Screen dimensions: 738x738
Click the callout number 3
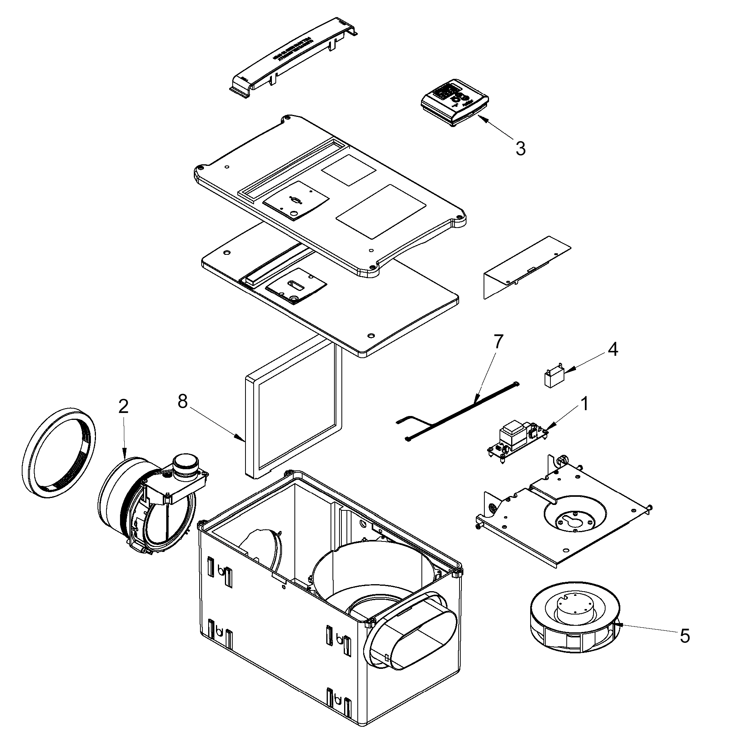[x=520, y=148]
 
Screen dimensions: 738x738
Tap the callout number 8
[x=183, y=402]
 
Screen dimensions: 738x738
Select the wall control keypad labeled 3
[x=454, y=103]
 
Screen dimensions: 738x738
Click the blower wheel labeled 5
[x=574, y=623]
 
